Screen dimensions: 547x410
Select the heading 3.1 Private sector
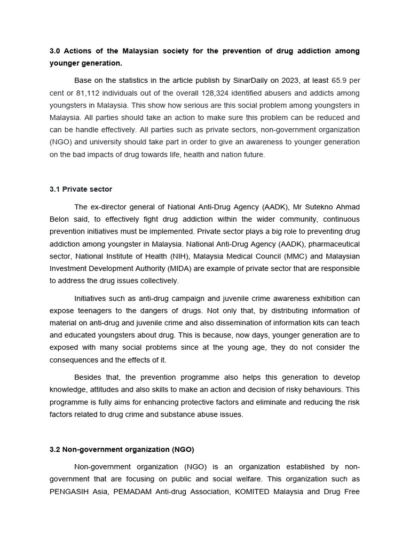pyautogui.click(x=81, y=189)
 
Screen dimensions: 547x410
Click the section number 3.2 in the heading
pyautogui.click(x=55, y=449)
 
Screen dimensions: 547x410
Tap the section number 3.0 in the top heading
pyautogui.click(x=55, y=51)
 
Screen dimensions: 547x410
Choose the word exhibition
pyautogui.click(x=328, y=298)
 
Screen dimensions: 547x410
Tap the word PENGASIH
pyautogui.click(x=69, y=491)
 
